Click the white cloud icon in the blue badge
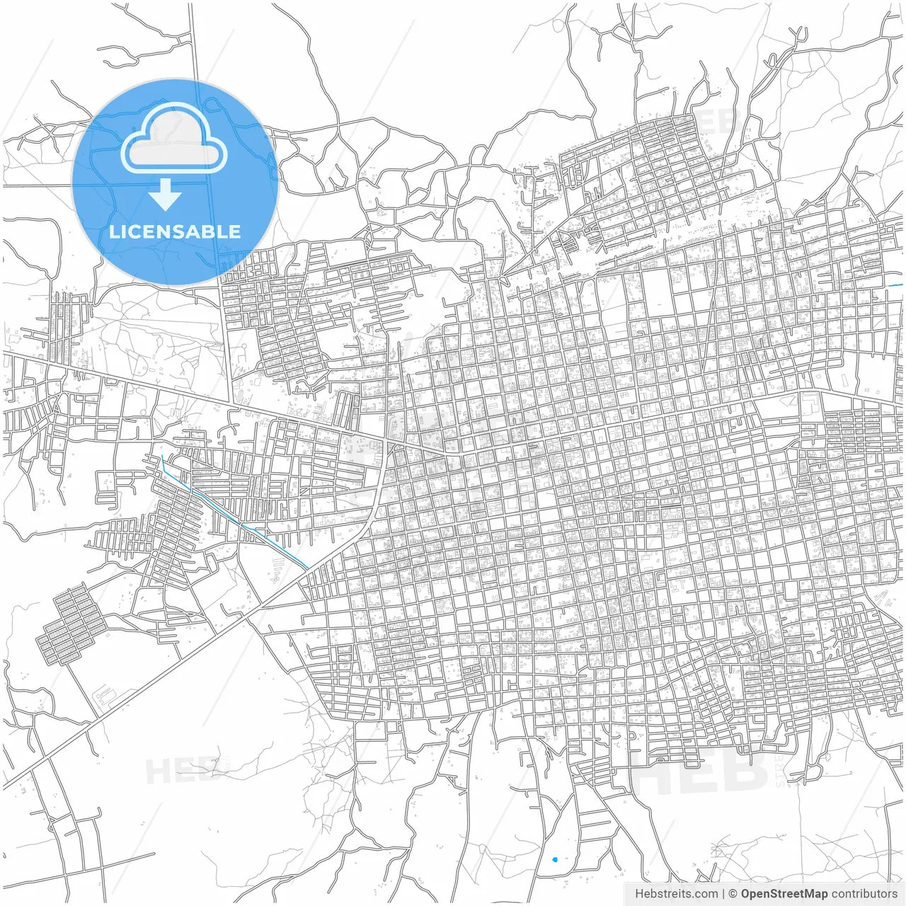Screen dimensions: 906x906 (x=174, y=139)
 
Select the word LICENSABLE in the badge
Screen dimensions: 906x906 (x=175, y=231)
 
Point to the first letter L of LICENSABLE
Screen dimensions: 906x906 (x=113, y=231)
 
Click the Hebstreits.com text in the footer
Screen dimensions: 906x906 (x=676, y=894)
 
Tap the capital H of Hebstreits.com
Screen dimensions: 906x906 (x=639, y=894)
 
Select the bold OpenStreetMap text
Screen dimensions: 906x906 (x=784, y=894)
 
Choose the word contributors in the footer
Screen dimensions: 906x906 (x=864, y=894)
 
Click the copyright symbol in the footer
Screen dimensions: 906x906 (x=733, y=894)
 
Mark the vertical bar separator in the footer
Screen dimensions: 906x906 (x=723, y=894)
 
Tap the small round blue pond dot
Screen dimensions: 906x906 (x=554, y=860)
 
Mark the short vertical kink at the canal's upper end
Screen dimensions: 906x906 (x=164, y=464)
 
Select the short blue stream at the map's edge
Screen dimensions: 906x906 (x=896, y=285)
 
